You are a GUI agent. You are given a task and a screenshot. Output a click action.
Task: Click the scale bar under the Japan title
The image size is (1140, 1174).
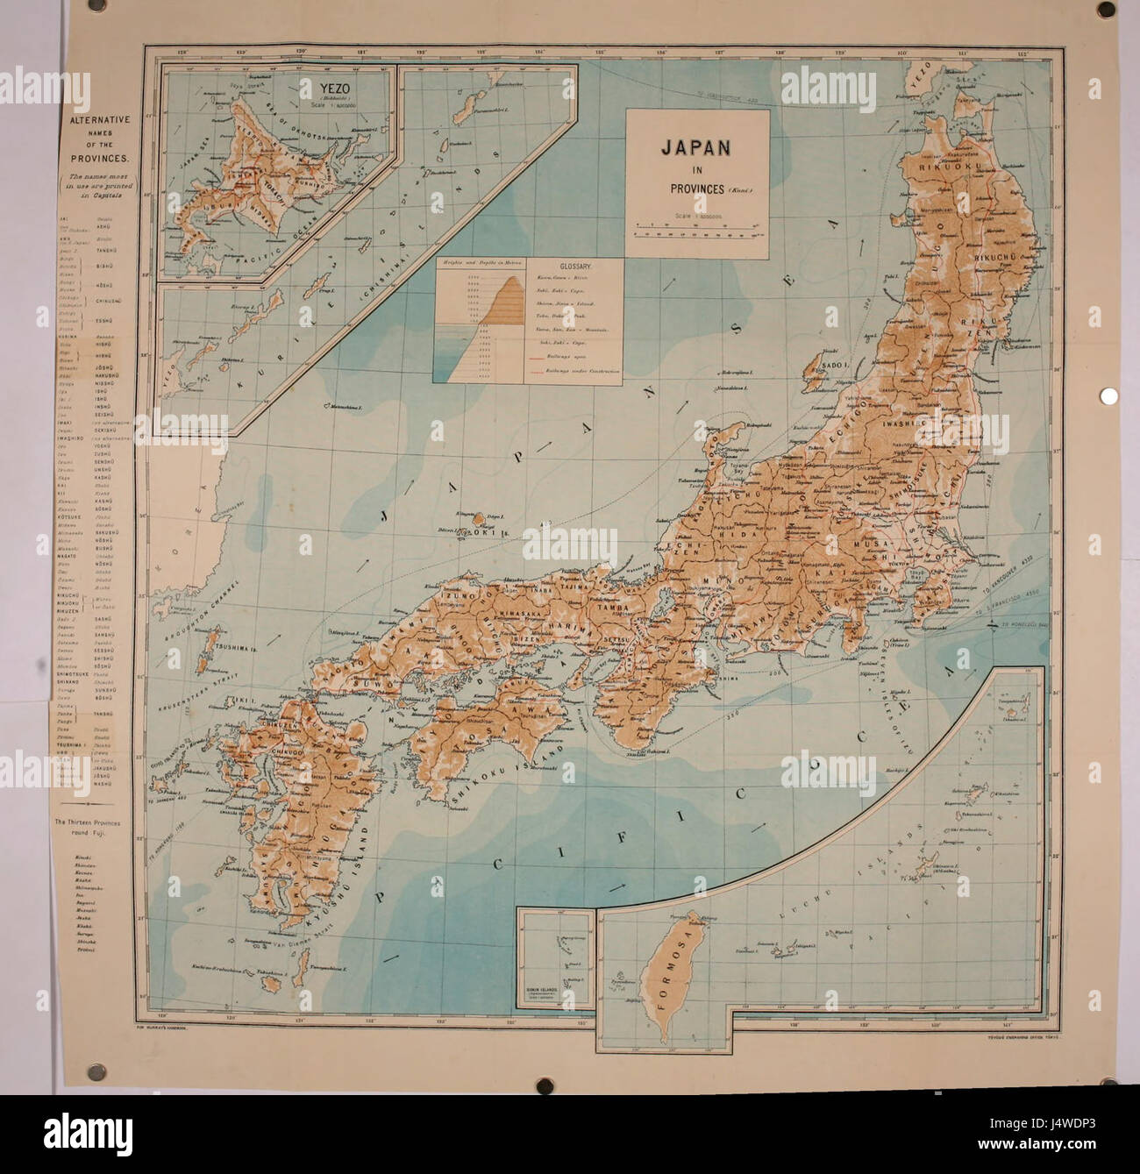point(697,230)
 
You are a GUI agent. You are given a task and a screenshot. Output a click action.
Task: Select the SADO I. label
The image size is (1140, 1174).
point(838,360)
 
